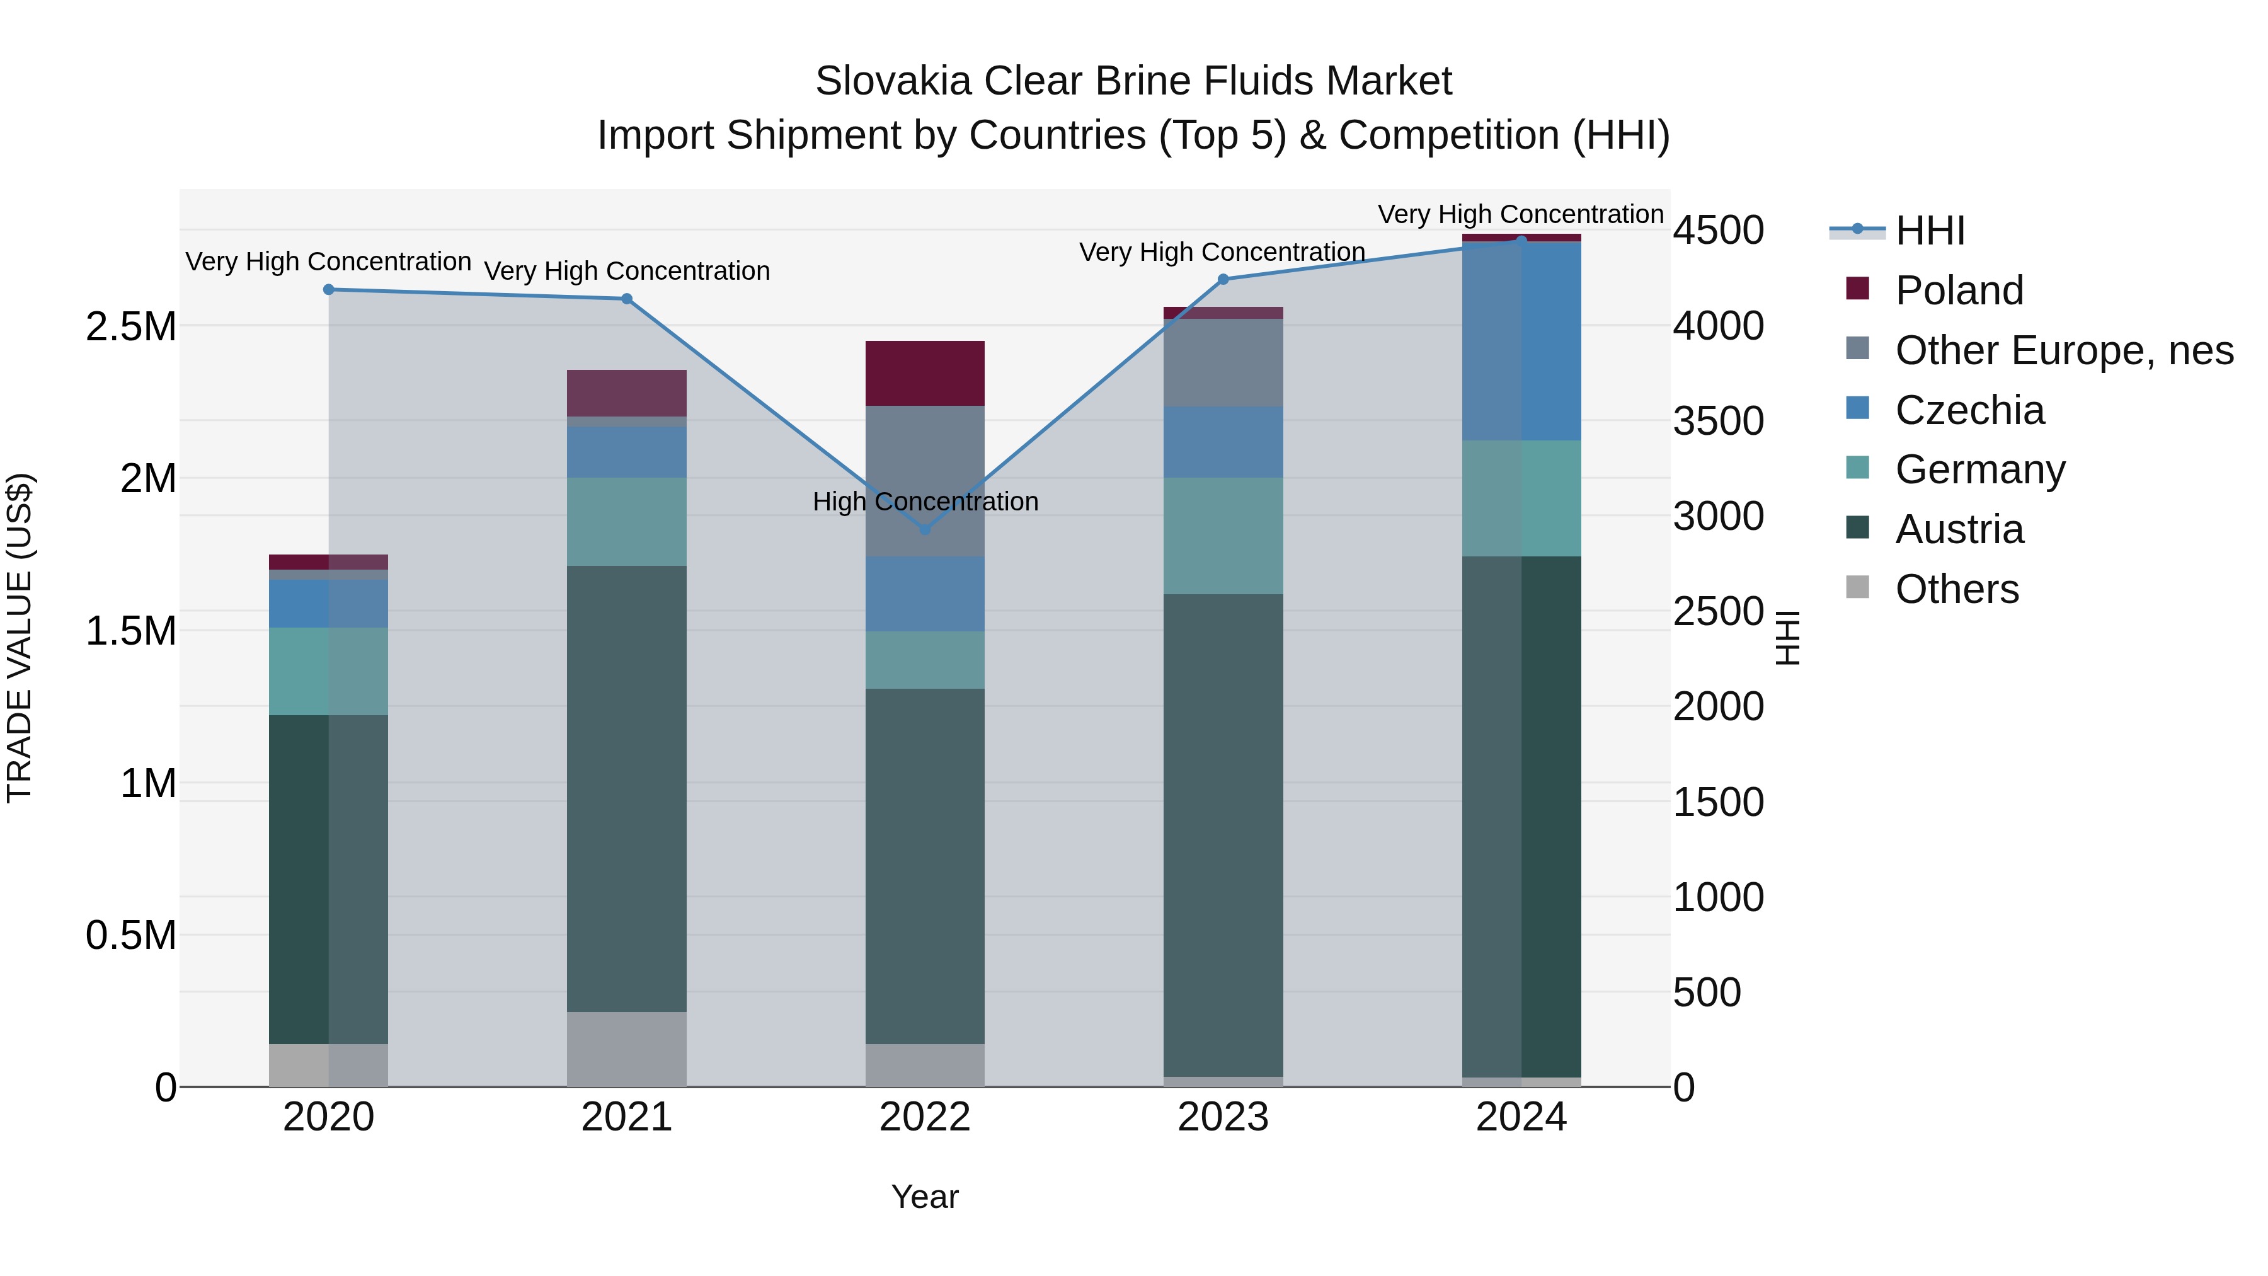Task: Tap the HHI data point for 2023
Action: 1223,279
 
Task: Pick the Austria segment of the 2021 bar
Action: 626,788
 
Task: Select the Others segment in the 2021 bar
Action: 626,1049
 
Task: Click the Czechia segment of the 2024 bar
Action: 1521,341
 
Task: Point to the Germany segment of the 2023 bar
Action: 1223,536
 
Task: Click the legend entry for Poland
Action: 1959,290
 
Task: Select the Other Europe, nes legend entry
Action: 2064,350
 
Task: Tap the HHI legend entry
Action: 1929,231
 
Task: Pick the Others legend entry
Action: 1956,589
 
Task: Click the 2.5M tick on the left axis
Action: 130,326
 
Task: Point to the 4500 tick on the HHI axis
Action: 1718,231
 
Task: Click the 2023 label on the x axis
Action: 1223,1117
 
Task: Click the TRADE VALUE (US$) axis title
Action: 20,638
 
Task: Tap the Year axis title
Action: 924,1197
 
